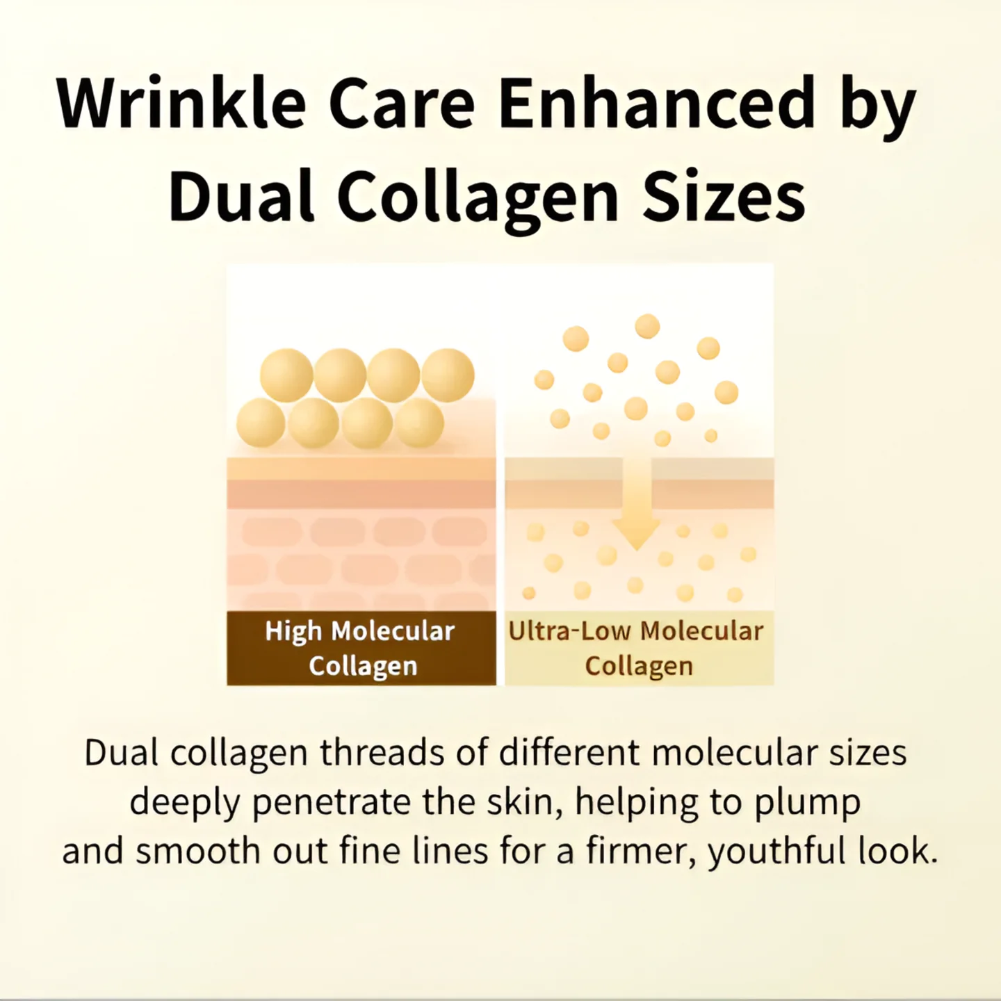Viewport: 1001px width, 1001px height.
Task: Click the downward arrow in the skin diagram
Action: (x=636, y=511)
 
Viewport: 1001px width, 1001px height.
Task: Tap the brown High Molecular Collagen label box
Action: (x=361, y=648)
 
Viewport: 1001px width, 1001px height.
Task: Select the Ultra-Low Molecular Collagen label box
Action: (x=639, y=648)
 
